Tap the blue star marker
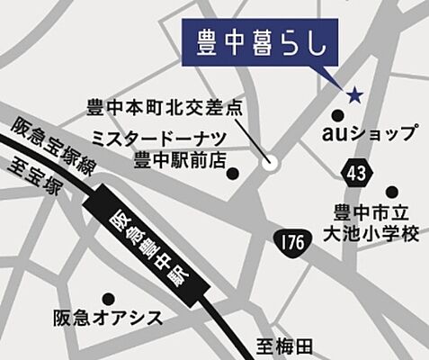[x=354, y=94]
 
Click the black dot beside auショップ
[x=337, y=116]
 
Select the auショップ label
[x=371, y=134]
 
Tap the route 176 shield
[x=289, y=240]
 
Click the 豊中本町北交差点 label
[x=165, y=107]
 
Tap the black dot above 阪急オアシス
[x=109, y=298]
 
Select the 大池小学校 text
[x=371, y=234]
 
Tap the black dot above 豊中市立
[x=391, y=192]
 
